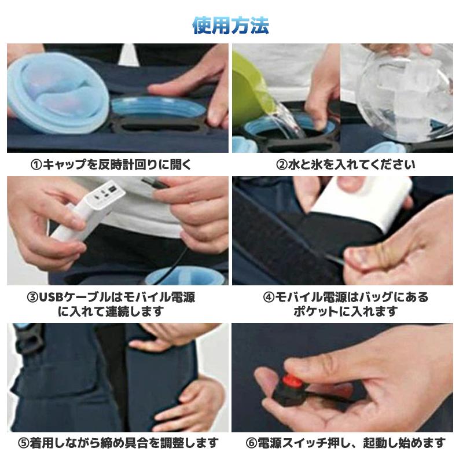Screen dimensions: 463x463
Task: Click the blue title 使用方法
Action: (231, 25)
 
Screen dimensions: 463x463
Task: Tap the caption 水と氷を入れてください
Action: (346, 164)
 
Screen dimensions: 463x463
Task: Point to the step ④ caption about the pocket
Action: (346, 304)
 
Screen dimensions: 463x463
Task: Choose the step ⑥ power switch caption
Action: (346, 443)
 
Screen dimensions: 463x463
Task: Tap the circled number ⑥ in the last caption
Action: (251, 444)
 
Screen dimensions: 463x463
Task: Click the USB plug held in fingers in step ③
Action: (152, 183)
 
